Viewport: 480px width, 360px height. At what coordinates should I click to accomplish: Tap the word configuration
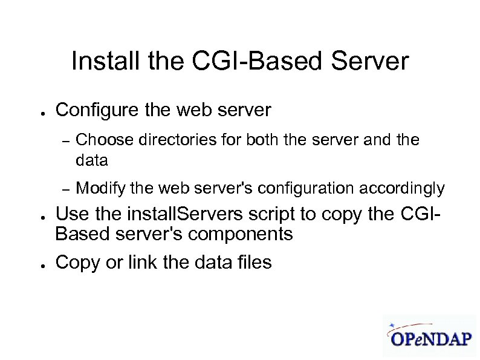pyautogui.click(x=308, y=189)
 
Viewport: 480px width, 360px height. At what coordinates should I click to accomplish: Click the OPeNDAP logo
pyautogui.click(x=429, y=335)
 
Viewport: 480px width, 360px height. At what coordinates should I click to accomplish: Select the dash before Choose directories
pyautogui.click(x=66, y=141)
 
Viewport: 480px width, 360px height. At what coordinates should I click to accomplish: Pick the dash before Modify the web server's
pyautogui.click(x=66, y=189)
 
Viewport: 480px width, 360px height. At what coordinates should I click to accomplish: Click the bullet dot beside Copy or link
pyautogui.click(x=37, y=264)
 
